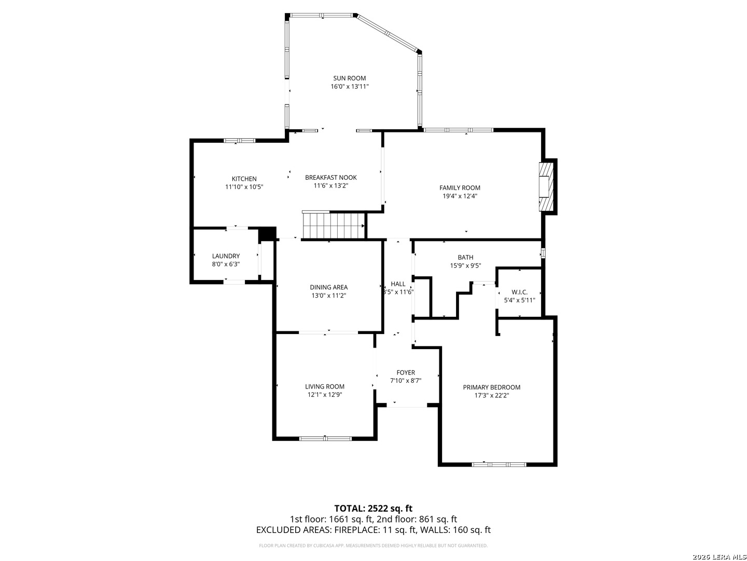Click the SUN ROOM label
tap(349, 78)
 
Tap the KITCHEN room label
tap(244, 179)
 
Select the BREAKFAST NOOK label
tap(330, 178)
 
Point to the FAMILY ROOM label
tap(460, 188)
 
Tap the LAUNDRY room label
tap(226, 256)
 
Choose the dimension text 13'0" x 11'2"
tap(328, 296)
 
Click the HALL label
tap(398, 284)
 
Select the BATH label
tap(465, 257)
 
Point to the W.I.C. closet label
tap(519, 292)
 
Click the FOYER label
tap(406, 372)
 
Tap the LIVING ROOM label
tap(325, 386)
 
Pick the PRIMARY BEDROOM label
tap(491, 387)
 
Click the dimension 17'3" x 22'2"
tap(491, 395)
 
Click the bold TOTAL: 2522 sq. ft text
tap(373, 508)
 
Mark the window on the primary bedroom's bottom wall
tap(499, 464)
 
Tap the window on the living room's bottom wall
tap(325, 438)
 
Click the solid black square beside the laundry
tap(267, 234)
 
